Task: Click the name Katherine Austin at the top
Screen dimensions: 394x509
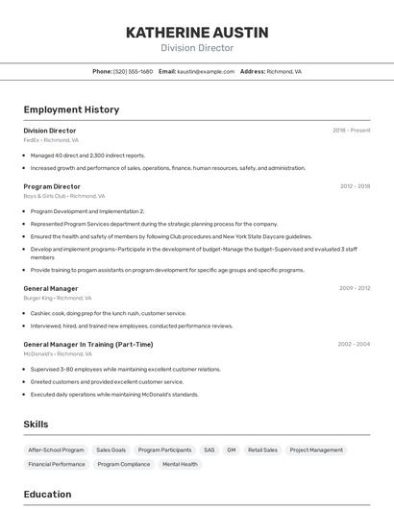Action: (x=197, y=33)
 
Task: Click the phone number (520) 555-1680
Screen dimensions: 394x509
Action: (x=133, y=71)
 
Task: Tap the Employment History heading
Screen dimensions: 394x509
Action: (x=71, y=109)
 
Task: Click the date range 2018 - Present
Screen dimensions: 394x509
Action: (x=351, y=131)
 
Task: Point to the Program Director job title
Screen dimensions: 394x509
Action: (x=52, y=186)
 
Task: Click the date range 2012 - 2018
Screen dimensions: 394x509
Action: (x=355, y=186)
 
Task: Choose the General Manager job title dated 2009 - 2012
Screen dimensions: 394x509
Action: (x=51, y=288)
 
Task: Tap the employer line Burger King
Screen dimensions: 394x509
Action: (x=50, y=298)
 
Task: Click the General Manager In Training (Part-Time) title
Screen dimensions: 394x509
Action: (x=87, y=344)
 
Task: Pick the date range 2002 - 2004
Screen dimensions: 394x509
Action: (x=354, y=344)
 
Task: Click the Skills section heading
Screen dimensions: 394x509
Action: (x=36, y=424)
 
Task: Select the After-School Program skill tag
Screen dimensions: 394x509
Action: (x=56, y=449)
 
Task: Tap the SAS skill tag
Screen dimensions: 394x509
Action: (x=209, y=449)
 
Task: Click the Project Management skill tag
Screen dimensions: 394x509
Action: (x=316, y=449)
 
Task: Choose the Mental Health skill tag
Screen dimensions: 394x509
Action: (x=180, y=464)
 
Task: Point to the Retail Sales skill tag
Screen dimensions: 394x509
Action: (x=262, y=449)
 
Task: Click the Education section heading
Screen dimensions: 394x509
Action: (x=47, y=495)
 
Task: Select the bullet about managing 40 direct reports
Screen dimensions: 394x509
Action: (x=87, y=155)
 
